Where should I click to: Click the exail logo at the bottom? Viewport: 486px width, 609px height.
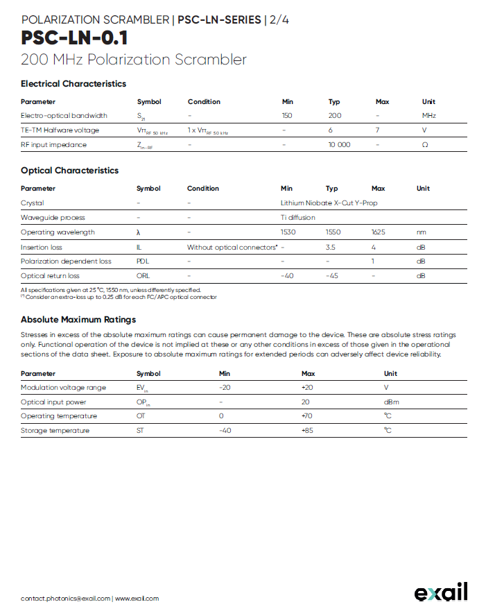tap(441, 592)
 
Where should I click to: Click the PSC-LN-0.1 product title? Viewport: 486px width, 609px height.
tap(74, 37)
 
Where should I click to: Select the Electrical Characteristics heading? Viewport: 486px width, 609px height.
tap(73, 84)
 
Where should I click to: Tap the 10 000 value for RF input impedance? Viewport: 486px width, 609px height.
tap(339, 145)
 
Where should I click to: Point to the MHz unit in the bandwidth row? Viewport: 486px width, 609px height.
tap(429, 116)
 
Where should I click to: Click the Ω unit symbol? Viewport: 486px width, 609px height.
tap(425, 145)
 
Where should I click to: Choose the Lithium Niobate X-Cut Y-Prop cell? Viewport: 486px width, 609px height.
tap(329, 203)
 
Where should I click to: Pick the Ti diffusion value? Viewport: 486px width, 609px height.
tap(297, 218)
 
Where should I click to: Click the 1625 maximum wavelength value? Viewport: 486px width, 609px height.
tap(379, 232)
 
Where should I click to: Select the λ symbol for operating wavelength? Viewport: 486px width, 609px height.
tap(139, 232)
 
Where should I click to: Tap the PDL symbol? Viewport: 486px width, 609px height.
tap(143, 261)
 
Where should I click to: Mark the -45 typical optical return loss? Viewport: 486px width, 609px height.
tap(332, 276)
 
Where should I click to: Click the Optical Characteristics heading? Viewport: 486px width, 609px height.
tap(69, 171)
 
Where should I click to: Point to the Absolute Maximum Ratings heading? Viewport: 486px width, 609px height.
tap(78, 320)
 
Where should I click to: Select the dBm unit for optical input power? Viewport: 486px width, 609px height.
tap(392, 402)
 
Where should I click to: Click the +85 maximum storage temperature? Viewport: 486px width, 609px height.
tap(309, 431)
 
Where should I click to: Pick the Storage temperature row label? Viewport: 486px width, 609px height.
tap(55, 431)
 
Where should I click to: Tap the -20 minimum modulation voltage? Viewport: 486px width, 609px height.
tap(225, 388)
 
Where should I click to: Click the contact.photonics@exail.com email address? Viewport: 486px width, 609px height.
tap(66, 598)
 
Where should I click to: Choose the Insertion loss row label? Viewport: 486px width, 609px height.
tap(41, 247)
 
